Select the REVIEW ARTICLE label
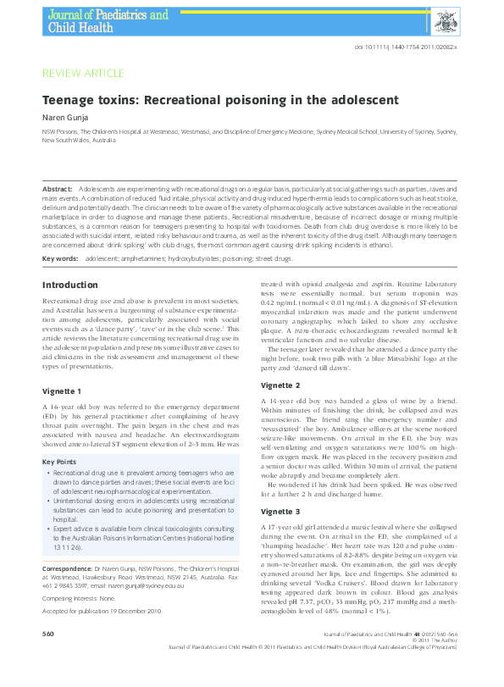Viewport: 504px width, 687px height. click(83, 74)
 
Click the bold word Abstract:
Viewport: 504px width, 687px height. click(58, 186)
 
